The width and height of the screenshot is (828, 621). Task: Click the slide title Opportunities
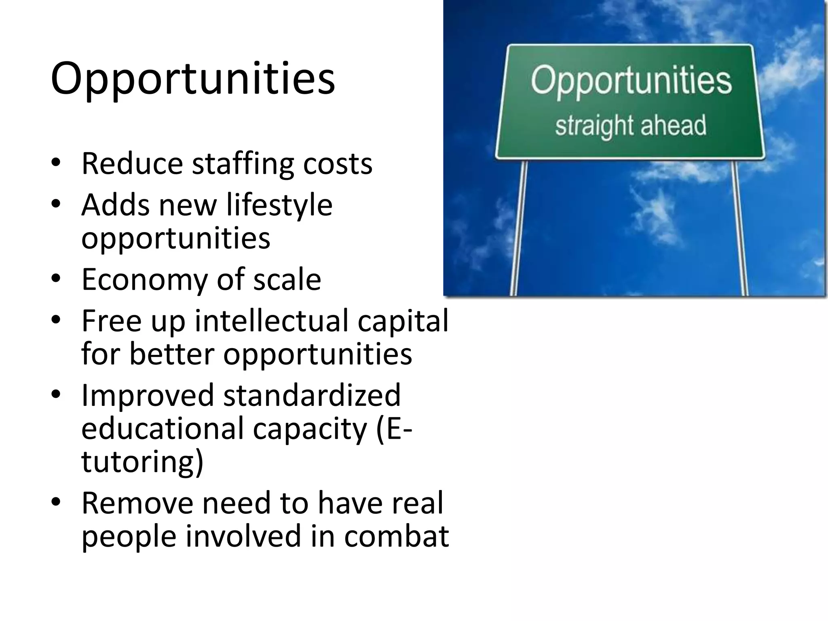point(193,79)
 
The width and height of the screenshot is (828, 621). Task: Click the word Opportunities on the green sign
point(631,81)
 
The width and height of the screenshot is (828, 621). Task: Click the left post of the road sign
point(519,226)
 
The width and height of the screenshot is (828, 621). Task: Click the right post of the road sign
point(740,226)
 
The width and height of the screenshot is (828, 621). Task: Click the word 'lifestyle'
point(279,205)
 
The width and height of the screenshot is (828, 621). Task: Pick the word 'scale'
point(287,280)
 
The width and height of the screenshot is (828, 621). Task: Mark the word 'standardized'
point(312,395)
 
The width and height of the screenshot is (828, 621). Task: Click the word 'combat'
point(396,537)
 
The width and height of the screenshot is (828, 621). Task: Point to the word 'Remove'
point(137,504)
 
